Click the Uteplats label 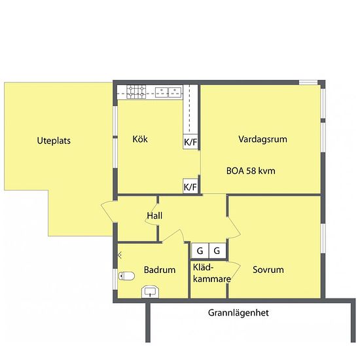pyautogui.click(x=54, y=141)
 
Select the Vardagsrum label pyautogui.click(x=262, y=139)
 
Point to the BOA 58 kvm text pyautogui.click(x=251, y=171)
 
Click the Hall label pyautogui.click(x=154, y=216)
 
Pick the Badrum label pyautogui.click(x=160, y=270)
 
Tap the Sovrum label pyautogui.click(x=268, y=269)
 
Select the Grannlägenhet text pyautogui.click(x=238, y=313)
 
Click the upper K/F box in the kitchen pyautogui.click(x=190, y=141)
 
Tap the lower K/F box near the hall pyautogui.click(x=190, y=187)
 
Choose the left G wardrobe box pyautogui.click(x=200, y=250)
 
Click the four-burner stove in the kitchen pyautogui.click(x=137, y=92)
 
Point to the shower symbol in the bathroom pyautogui.click(x=120, y=254)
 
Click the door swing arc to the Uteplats pyautogui.click(x=107, y=213)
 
